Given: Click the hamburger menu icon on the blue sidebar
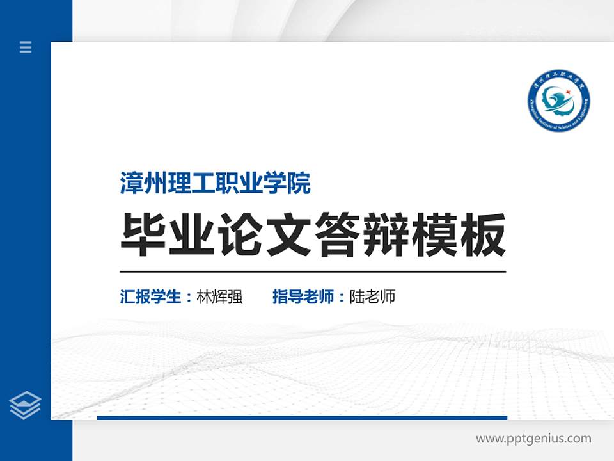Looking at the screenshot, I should (26, 47).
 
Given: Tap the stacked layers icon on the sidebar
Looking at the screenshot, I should (26, 405).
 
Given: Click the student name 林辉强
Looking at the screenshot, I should (219, 297).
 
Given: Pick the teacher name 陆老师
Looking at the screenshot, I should (372, 297).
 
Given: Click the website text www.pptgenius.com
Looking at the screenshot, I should (533, 439).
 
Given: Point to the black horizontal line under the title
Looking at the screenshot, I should (313, 272).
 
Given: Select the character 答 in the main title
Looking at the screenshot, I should (337, 235).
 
